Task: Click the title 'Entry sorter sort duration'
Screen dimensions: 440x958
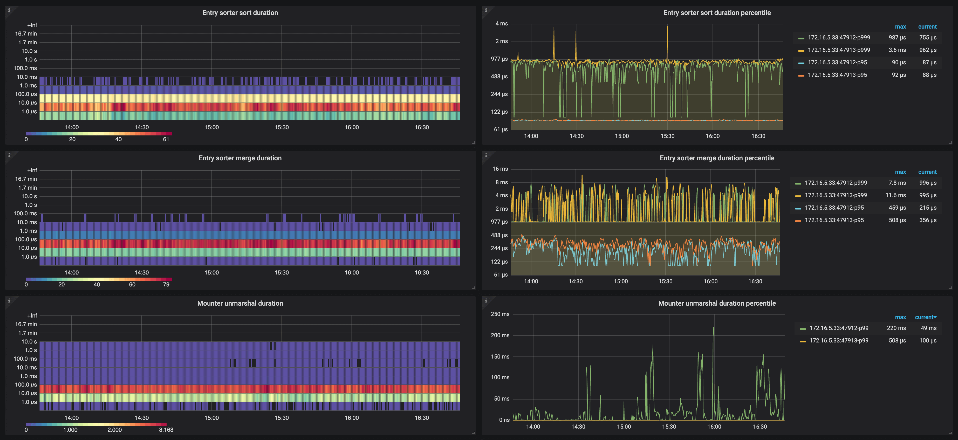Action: [240, 13]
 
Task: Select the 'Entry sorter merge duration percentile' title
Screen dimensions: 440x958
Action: [717, 158]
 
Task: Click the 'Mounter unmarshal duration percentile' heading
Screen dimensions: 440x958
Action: [717, 303]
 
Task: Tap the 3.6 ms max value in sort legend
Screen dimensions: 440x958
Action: [897, 50]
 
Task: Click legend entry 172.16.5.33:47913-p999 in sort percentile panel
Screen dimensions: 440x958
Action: [839, 50]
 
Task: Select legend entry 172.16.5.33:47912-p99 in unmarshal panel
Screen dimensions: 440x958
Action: [839, 328]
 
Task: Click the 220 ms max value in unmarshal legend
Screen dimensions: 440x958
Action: [896, 328]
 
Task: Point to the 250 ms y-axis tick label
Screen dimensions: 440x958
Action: [500, 314]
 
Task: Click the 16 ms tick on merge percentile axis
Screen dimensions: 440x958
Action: [500, 169]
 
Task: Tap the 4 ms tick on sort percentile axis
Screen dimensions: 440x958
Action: [501, 23]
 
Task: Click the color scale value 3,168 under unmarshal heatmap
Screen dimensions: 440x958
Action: [166, 430]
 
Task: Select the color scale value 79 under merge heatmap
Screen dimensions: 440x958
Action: [166, 285]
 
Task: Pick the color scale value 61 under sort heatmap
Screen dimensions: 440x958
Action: [166, 139]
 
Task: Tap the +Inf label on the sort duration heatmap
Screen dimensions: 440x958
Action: [32, 25]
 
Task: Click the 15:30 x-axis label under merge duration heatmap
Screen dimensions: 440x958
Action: [282, 273]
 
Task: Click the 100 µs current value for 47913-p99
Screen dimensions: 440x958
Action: [927, 341]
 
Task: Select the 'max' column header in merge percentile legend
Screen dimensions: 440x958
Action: [900, 172]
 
